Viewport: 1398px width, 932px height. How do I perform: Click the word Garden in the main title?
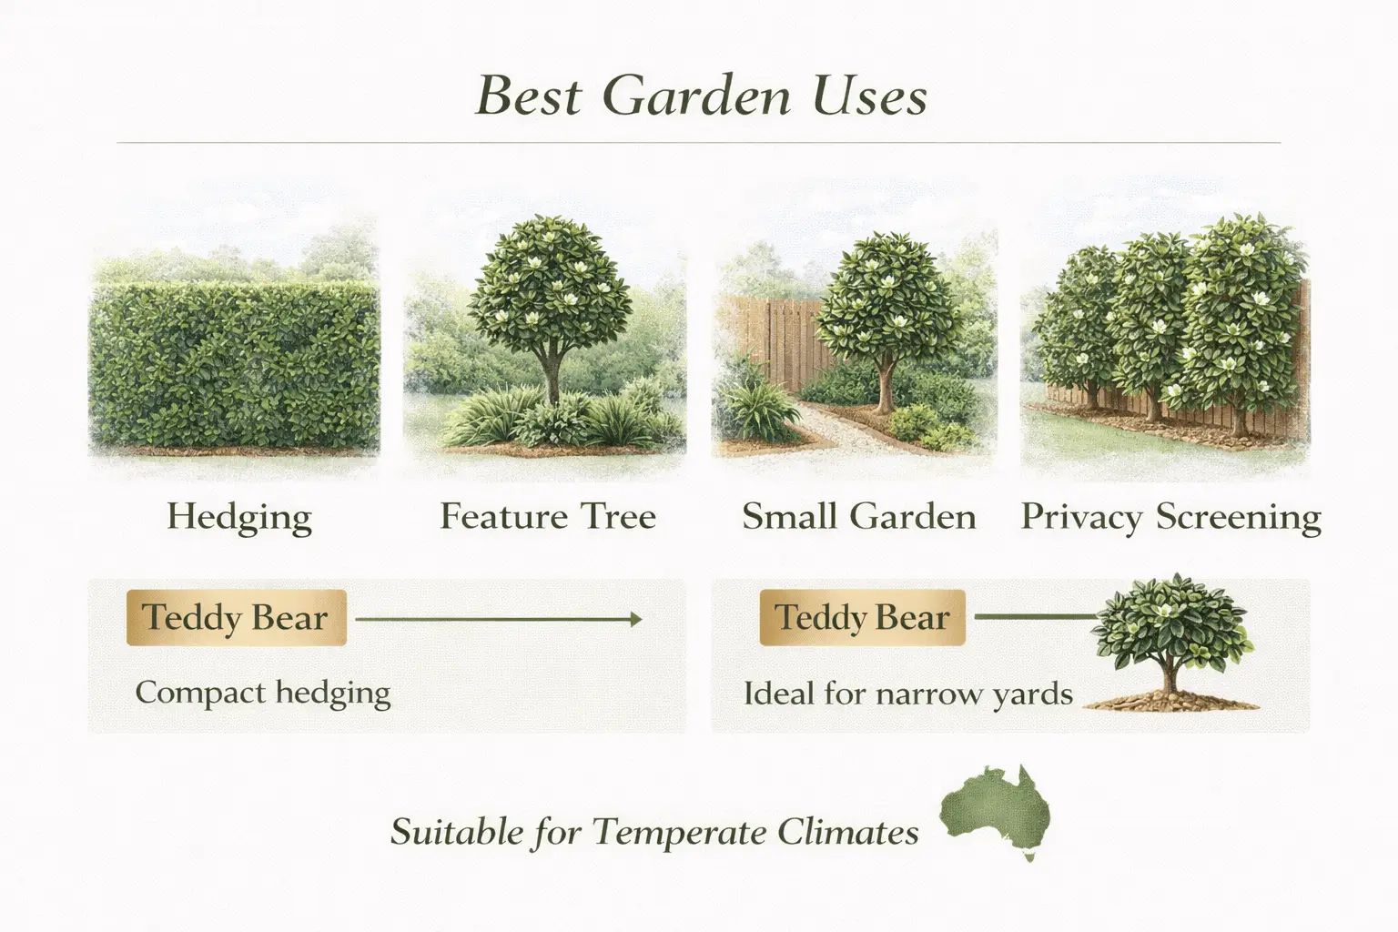696,96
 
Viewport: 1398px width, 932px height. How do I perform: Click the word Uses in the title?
869,96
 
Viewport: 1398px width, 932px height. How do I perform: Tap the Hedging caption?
239,517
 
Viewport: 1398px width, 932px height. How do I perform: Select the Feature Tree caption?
548,517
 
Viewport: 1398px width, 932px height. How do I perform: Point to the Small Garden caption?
858,517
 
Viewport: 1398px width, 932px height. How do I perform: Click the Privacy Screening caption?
1170,517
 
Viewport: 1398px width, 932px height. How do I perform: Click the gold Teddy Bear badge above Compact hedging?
236,617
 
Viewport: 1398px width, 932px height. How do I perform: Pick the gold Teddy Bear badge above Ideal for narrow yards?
862,617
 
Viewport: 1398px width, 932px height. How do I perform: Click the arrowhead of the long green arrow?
636,620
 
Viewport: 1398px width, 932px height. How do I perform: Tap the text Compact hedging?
263,694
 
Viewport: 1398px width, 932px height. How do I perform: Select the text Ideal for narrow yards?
907,694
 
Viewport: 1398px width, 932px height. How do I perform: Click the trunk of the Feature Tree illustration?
550,373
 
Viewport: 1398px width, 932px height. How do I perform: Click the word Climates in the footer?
847,832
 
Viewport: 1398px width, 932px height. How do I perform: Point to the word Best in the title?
528,96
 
